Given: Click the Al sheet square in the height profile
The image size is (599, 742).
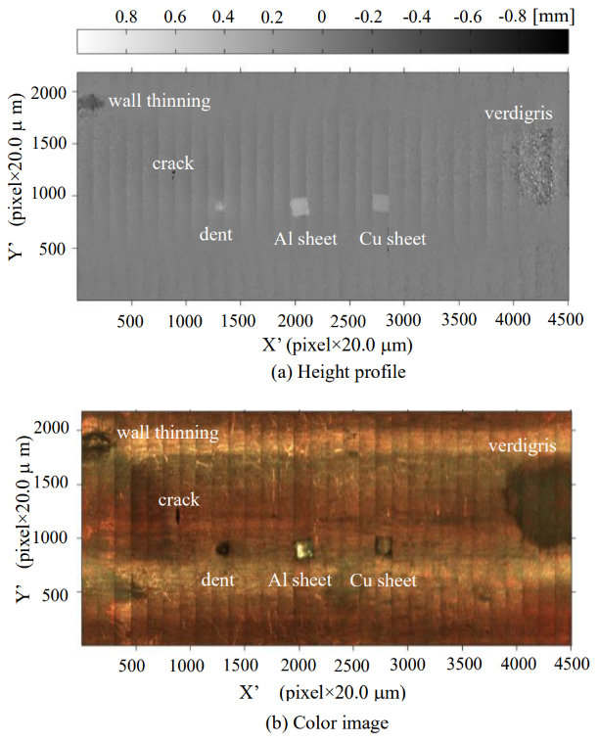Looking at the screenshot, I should click(x=300, y=206).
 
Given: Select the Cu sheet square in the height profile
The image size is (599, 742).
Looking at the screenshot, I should click(x=381, y=203).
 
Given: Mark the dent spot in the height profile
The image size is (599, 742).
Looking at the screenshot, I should click(x=219, y=206).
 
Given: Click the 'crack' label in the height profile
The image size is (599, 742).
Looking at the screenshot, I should click(x=173, y=163).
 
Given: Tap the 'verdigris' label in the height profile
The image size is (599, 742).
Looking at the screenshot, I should click(x=519, y=115).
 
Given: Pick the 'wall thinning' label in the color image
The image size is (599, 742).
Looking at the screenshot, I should click(x=168, y=432).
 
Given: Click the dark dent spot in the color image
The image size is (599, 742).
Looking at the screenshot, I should click(x=223, y=549).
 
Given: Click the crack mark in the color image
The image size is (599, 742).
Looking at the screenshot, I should click(x=178, y=515).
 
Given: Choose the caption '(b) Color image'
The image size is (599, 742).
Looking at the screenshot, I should click(x=322, y=723).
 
